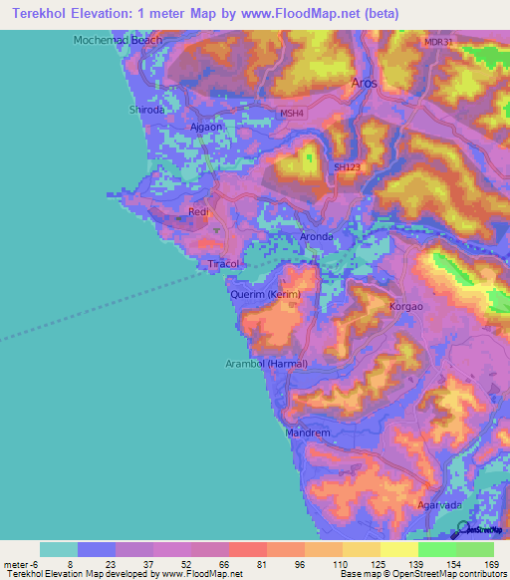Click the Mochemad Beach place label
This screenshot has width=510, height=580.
118,41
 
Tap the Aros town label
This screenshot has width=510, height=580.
365,84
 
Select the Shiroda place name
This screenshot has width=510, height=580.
146,111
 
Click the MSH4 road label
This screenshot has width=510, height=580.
290,114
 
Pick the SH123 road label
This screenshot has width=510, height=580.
346,167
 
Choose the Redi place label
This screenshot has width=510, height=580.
197,212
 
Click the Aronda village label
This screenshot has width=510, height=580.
316,236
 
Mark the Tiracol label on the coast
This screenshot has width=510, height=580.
220,264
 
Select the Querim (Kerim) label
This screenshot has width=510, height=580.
265,295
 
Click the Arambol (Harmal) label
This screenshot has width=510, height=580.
266,363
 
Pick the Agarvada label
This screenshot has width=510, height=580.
438,505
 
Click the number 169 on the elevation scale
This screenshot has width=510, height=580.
490,564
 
